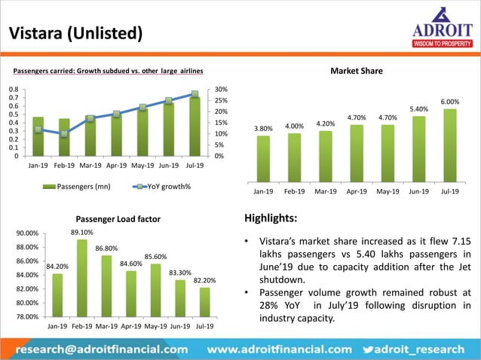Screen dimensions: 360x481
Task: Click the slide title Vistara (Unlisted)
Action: pyautogui.click(x=75, y=33)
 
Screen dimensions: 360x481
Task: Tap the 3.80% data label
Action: pyautogui.click(x=263, y=129)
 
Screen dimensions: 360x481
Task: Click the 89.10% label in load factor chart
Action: pyautogui.click(x=81, y=233)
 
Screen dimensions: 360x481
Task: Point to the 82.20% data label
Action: pyautogui.click(x=204, y=280)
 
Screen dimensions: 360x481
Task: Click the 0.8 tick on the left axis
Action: pyautogui.click(x=13, y=90)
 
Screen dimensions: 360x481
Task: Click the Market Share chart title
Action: pyautogui.click(x=357, y=71)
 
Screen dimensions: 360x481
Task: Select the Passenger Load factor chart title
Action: pyautogui.click(x=118, y=219)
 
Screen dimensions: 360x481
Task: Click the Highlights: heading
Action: pyautogui.click(x=271, y=218)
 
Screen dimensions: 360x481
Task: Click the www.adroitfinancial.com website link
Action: pyautogui.click(x=279, y=349)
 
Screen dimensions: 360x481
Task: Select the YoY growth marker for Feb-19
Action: pyautogui.click(x=64, y=133)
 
